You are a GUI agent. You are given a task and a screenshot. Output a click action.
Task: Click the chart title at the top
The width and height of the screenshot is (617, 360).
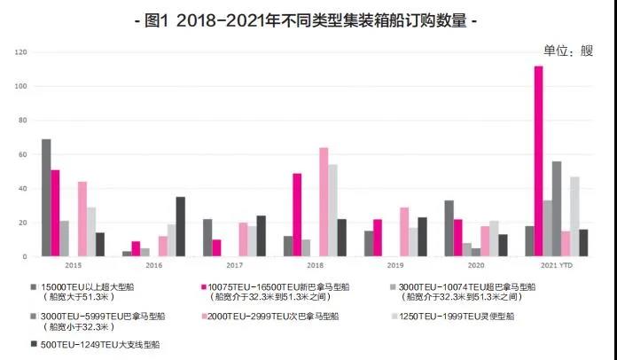[309, 20]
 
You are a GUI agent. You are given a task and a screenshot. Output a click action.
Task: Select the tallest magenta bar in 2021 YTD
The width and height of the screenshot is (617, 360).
[538, 161]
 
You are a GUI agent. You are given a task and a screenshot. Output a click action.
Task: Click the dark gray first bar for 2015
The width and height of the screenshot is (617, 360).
[46, 198]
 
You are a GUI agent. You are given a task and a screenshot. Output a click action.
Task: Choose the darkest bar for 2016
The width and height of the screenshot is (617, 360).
[181, 227]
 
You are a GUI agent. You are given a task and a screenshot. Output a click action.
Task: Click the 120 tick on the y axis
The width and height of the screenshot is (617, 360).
[21, 53]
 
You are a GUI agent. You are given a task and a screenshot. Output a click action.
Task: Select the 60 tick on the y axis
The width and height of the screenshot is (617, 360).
[23, 155]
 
